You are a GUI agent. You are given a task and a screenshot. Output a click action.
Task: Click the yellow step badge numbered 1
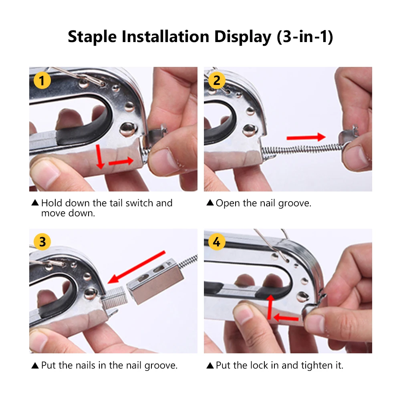click(42, 81)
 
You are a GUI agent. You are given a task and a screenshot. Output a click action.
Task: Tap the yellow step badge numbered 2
click(217, 81)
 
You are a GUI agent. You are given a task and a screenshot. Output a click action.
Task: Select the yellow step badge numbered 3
click(42, 242)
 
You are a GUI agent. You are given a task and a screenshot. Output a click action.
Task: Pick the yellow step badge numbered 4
click(217, 242)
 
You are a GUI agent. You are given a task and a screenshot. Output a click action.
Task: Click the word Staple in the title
click(92, 36)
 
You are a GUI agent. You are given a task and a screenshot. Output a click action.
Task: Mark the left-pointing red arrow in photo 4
click(286, 318)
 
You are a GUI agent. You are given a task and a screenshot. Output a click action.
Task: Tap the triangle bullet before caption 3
click(35, 365)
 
